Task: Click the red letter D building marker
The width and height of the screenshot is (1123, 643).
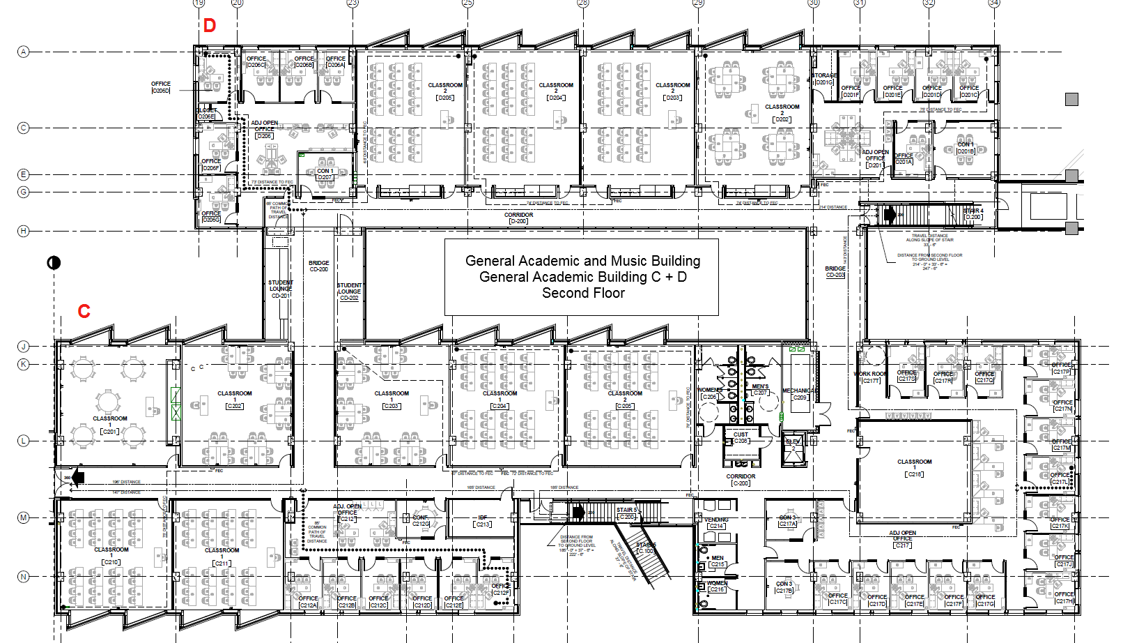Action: [x=210, y=26]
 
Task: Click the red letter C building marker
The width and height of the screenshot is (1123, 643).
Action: [x=84, y=311]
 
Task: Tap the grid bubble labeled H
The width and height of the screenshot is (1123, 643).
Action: [x=24, y=231]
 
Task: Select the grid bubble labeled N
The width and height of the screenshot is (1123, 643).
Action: [x=24, y=577]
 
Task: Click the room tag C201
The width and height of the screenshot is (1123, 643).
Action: [x=110, y=432]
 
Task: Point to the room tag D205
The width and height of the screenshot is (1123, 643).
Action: [x=445, y=98]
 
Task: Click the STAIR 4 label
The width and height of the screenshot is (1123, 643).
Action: [x=973, y=213]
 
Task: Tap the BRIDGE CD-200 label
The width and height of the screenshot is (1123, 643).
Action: [x=318, y=266]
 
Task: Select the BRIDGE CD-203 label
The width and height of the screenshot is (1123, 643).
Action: [x=835, y=271]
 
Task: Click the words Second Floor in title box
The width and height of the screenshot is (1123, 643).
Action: [x=583, y=294]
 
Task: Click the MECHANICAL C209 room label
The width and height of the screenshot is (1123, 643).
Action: [x=798, y=394]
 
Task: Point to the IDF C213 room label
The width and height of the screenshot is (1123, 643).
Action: [x=483, y=521]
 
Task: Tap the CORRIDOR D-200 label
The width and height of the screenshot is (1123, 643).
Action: [x=518, y=218]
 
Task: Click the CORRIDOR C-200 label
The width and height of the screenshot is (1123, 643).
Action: [x=741, y=480]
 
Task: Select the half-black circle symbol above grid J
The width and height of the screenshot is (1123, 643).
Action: [x=54, y=262]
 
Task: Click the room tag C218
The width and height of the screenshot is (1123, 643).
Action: [x=914, y=474]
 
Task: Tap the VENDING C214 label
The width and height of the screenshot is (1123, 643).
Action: [x=716, y=522]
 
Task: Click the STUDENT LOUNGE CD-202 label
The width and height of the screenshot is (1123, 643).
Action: [x=349, y=292]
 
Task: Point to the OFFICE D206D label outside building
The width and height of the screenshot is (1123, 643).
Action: [x=161, y=86]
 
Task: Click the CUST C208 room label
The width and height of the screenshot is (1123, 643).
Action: [x=741, y=437]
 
